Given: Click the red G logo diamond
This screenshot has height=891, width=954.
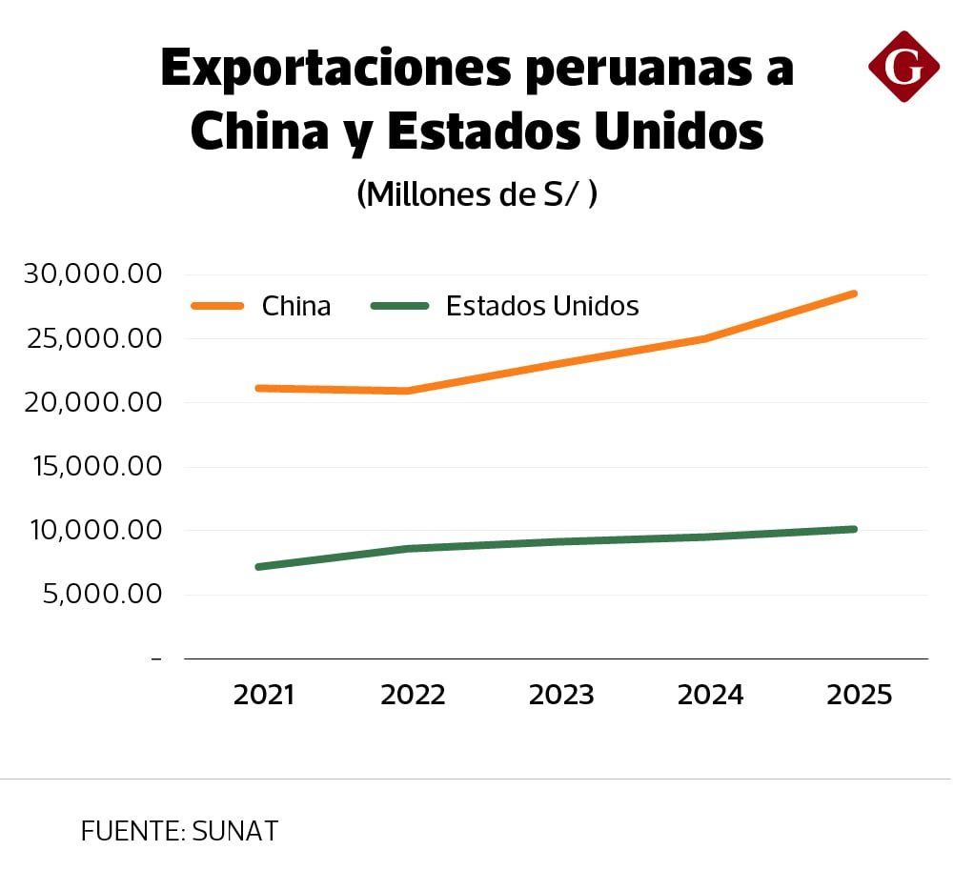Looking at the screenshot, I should (903, 66).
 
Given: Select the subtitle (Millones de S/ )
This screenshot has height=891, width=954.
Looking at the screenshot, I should (477, 193).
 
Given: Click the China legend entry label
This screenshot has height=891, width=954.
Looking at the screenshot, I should (296, 306).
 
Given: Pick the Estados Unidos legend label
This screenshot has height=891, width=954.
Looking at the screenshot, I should (541, 306).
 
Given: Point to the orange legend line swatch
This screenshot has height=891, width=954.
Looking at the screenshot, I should (217, 306).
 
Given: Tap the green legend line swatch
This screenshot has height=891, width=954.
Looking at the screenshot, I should (399, 306).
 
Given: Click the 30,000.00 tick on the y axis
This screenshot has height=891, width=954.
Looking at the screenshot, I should (91, 274).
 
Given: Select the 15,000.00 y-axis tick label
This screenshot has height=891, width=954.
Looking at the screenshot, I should (91, 467).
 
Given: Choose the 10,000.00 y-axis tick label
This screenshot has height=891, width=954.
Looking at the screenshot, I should (91, 531).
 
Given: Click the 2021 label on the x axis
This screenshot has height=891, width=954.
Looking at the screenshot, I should (264, 695).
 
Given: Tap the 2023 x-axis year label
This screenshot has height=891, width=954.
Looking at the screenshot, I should (561, 695).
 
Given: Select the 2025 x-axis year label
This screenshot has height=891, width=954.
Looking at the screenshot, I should (860, 695).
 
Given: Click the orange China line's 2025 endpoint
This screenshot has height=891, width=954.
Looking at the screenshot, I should (854, 294).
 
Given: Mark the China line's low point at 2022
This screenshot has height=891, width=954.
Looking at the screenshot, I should (408, 391).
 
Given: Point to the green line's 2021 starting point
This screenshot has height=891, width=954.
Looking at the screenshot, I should (259, 567).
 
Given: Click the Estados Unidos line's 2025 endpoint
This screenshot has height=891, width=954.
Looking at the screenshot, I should (854, 529).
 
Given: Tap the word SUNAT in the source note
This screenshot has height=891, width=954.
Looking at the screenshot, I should (234, 831).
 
